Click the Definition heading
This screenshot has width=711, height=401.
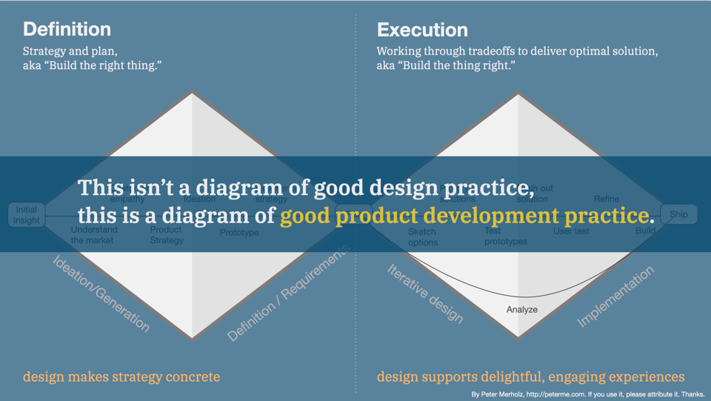pyautogui.click(x=67, y=30)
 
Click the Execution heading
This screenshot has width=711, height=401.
pyautogui.click(x=422, y=30)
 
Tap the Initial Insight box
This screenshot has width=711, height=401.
pyautogui.click(x=26, y=215)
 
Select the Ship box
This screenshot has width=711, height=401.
pyautogui.click(x=678, y=214)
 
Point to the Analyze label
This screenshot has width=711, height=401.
pyautogui.click(x=522, y=309)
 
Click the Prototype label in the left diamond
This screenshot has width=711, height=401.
pyautogui.click(x=239, y=233)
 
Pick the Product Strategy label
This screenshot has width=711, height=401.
pyautogui.click(x=166, y=235)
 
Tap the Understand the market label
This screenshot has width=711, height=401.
pyautogui.click(x=94, y=235)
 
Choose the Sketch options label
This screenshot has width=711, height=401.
pyautogui.click(x=423, y=237)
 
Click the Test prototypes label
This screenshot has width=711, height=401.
pyautogui.click(x=506, y=236)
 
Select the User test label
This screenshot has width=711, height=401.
pyautogui.click(x=571, y=231)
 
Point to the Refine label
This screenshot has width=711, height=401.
pyautogui.click(x=607, y=199)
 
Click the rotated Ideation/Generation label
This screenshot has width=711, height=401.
pyautogui.click(x=101, y=294)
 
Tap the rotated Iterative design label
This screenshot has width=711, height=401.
pyautogui.click(x=425, y=294)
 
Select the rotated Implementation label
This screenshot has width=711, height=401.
pyautogui.click(x=615, y=296)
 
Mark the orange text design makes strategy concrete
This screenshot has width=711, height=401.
pyautogui.click(x=121, y=377)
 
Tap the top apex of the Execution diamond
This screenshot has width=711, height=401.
pyautogui.click(x=518, y=94)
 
